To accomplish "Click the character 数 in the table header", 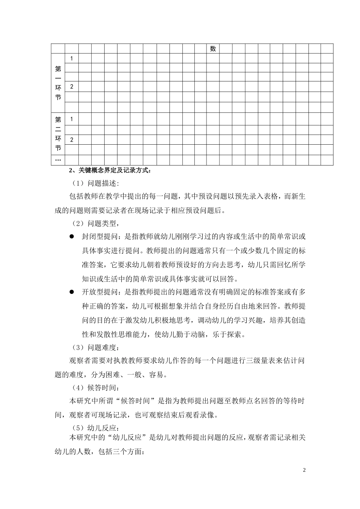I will [x=213, y=48].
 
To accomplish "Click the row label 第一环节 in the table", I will [x=58, y=83].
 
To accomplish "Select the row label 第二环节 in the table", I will [x=58, y=134].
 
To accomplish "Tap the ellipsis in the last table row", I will [x=58, y=160].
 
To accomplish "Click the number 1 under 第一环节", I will [x=72, y=58].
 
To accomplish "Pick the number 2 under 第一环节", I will [x=72, y=87].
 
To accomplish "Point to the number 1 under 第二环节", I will [x=72, y=119].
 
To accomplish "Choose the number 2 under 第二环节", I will [x=72, y=140].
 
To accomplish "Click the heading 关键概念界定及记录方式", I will [x=110, y=170].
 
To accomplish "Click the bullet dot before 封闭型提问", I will [x=72, y=237].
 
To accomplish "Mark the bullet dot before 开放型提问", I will [x=72, y=292].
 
